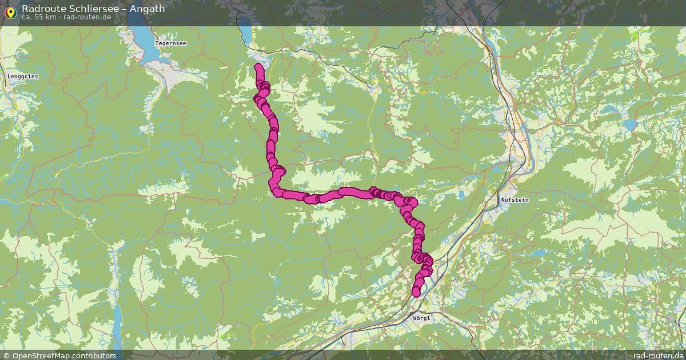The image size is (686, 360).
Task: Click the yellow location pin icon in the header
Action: [10, 11]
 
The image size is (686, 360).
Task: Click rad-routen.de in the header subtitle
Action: [87, 17]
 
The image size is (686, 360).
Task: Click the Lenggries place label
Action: [22, 76]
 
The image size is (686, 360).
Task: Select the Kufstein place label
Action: [514, 200]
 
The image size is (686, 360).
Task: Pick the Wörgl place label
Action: [421, 318]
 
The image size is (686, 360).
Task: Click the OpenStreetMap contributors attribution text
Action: [64, 355]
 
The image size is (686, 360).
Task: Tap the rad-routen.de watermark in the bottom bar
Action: [658, 355]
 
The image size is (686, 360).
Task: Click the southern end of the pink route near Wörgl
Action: [416, 293]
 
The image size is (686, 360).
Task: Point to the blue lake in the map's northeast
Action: [629, 124]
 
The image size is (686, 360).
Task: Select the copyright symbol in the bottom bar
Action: [7, 355]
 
